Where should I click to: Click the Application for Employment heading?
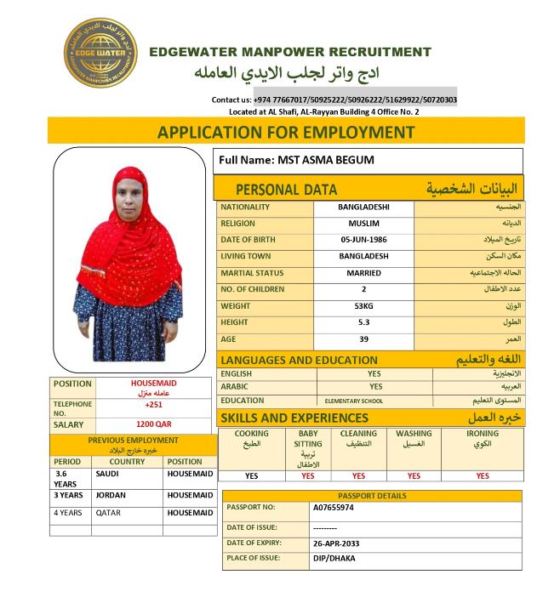(286, 132)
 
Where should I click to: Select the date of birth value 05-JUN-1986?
(363, 240)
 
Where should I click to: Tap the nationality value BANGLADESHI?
(363, 207)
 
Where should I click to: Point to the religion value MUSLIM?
(363, 224)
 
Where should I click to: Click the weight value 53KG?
(363, 306)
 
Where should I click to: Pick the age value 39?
(363, 339)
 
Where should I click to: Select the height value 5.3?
(363, 322)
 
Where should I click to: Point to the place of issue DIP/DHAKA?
(334, 559)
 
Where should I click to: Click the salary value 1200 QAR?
(154, 424)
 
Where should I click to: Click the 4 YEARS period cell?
(68, 513)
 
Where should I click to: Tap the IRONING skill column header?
(483, 434)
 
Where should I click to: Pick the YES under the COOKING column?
(252, 476)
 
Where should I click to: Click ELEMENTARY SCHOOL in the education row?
(354, 401)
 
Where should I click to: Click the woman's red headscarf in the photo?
(128, 230)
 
